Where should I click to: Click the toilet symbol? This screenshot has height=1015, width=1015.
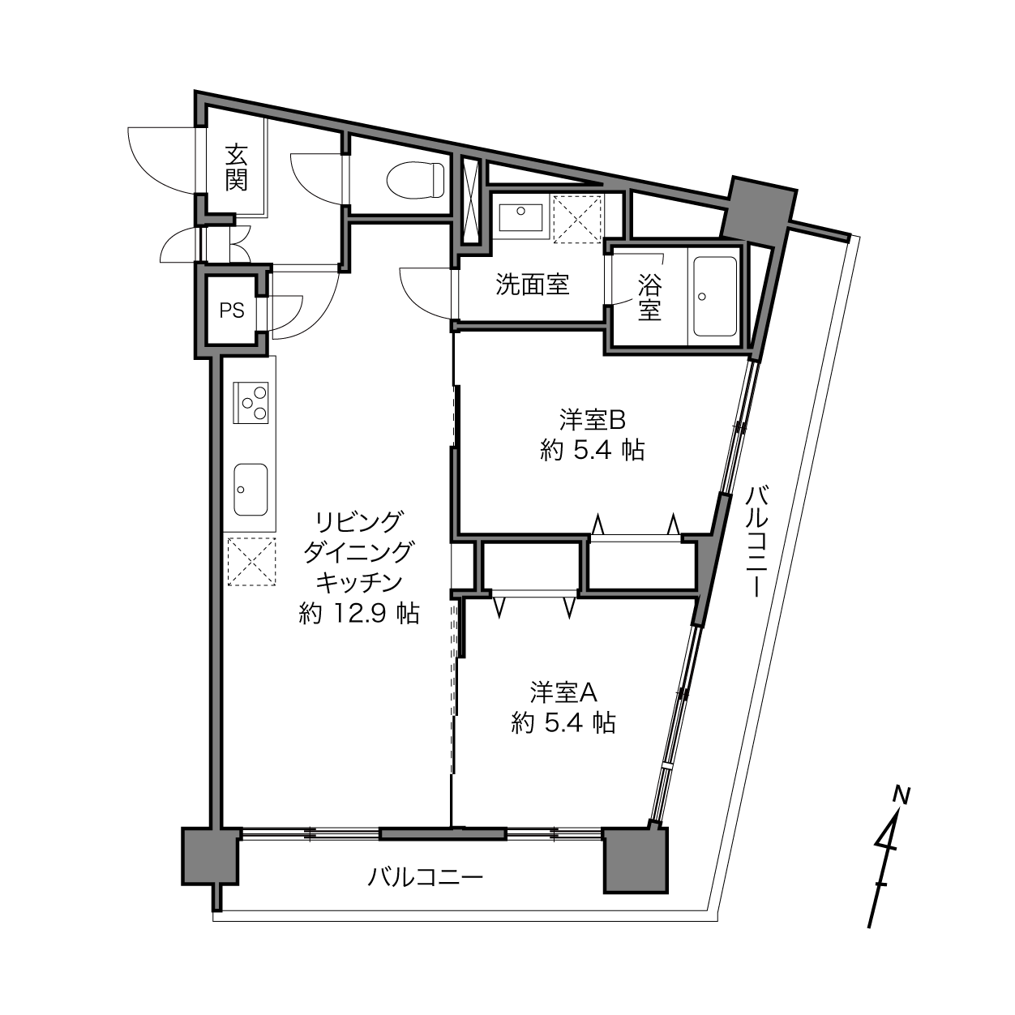[x=416, y=180]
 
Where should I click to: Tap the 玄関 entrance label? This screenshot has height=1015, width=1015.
[x=236, y=167]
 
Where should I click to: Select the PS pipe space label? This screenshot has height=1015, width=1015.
[x=232, y=310]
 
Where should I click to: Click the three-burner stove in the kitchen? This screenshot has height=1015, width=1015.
[x=251, y=402]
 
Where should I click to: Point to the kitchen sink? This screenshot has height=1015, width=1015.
[x=251, y=490]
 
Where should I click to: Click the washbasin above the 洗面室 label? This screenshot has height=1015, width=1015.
[x=521, y=217]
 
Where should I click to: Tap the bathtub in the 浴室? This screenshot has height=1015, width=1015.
[x=715, y=296]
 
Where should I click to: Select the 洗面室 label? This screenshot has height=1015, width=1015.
[x=533, y=285]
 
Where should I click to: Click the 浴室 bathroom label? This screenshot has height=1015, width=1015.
[x=649, y=298]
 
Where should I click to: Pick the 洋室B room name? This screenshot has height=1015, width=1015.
[x=592, y=420]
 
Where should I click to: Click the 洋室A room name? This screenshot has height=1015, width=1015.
[x=563, y=692]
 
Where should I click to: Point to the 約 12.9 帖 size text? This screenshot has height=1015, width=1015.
[x=359, y=613]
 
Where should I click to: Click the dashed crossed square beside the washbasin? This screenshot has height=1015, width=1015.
[x=577, y=219]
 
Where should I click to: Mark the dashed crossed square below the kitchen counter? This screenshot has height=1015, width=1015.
[x=251, y=561]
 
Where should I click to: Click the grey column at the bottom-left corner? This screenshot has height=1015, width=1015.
[x=211, y=856]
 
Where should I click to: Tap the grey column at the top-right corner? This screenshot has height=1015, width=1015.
[x=758, y=211]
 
